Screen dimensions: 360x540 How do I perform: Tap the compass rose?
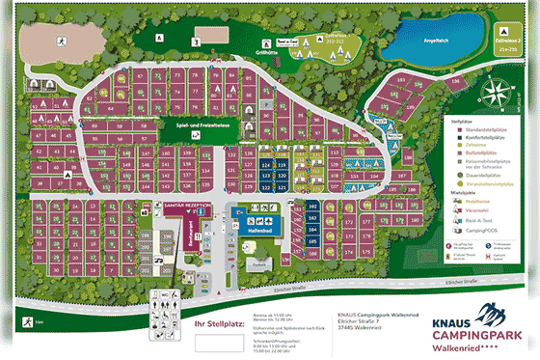(x=499, y=92)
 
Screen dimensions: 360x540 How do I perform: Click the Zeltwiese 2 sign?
(x=511, y=43)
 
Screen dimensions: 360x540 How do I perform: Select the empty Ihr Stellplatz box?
(x=220, y=343)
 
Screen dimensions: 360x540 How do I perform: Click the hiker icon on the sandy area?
(x=60, y=41)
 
